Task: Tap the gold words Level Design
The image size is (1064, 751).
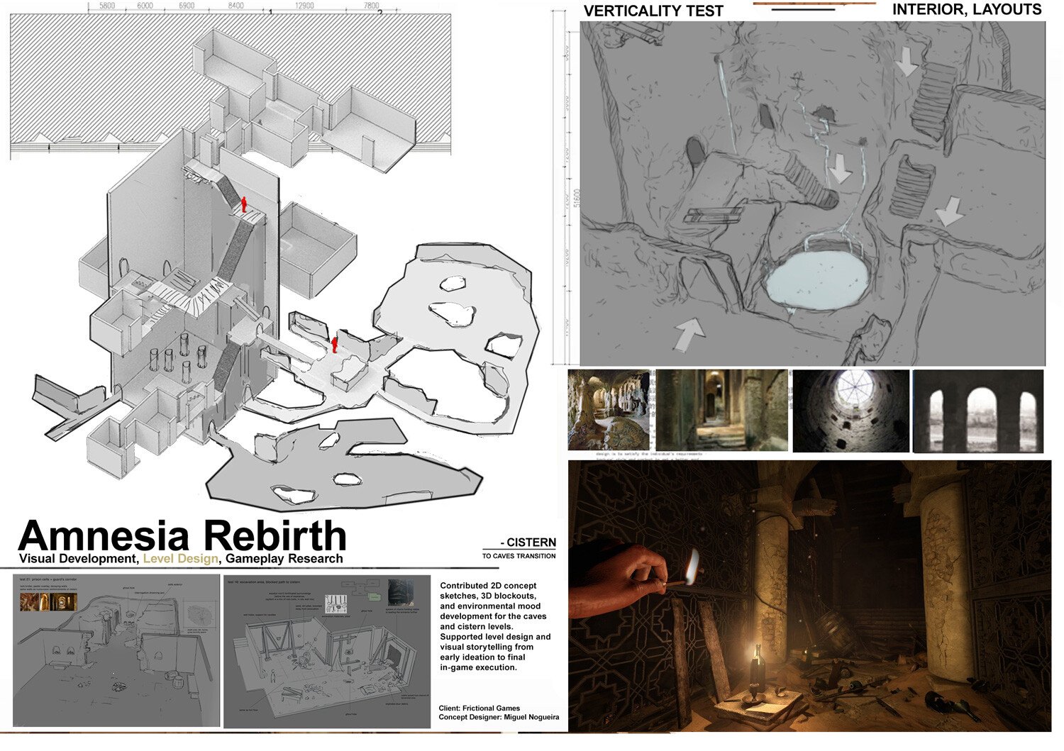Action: tap(181, 559)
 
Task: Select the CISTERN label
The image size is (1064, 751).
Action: tap(531, 543)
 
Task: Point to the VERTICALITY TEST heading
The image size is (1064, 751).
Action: tap(653, 11)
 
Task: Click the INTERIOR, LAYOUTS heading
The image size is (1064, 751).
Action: tap(966, 10)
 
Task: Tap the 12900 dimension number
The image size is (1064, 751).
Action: tap(304, 6)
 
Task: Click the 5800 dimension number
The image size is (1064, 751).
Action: tap(106, 6)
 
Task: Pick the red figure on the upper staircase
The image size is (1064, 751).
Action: tap(245, 205)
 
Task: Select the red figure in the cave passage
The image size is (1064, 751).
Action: tap(335, 345)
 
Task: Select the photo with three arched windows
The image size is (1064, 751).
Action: tap(977, 411)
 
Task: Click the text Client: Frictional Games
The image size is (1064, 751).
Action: tap(480, 708)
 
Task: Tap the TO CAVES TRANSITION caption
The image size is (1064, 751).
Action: tap(519, 556)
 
